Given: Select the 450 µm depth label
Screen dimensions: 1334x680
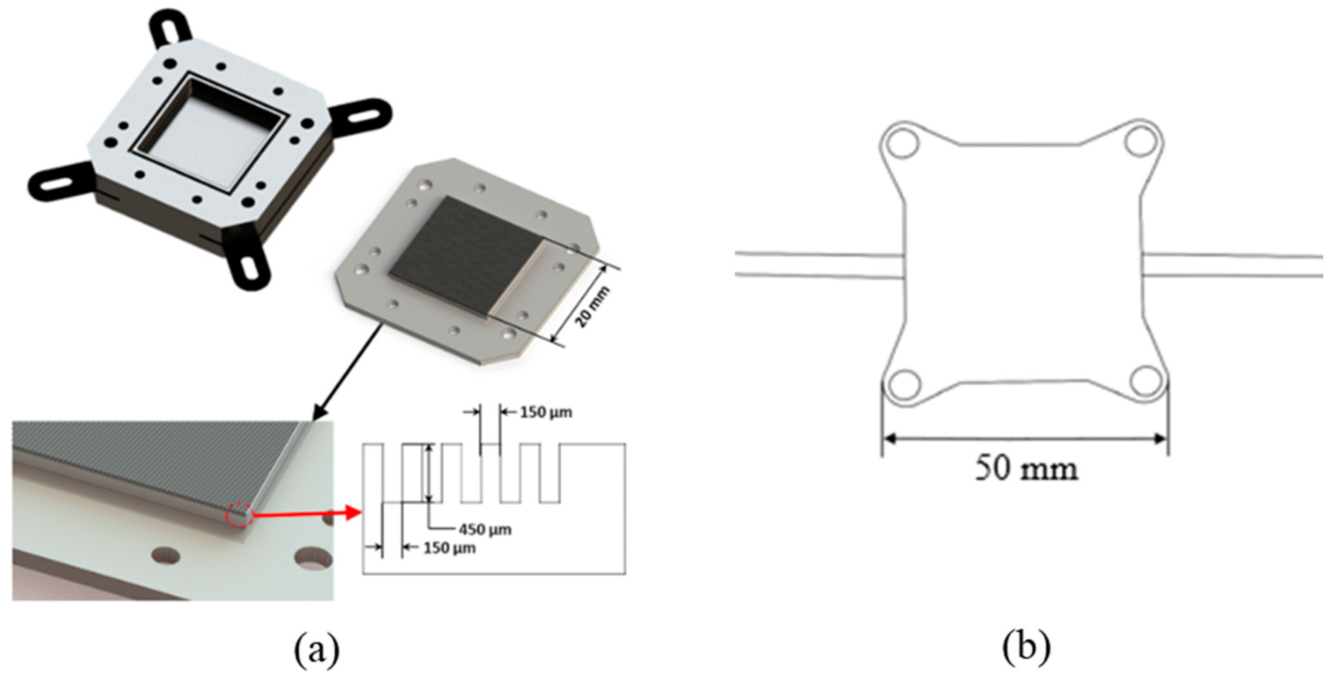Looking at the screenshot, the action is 485,530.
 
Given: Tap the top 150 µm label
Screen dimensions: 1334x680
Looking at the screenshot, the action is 546,412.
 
